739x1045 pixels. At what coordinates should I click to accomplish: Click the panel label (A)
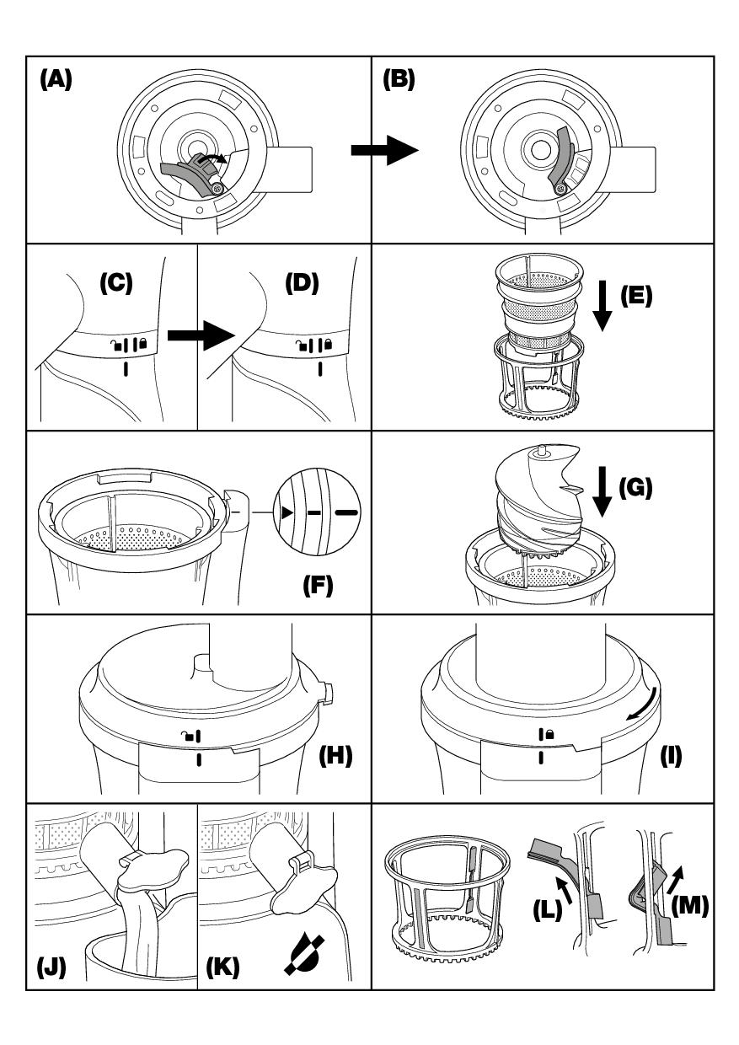pyautogui.click(x=56, y=80)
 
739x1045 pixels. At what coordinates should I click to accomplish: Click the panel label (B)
pyautogui.click(x=399, y=80)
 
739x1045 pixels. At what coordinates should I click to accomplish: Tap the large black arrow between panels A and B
pyautogui.click(x=383, y=152)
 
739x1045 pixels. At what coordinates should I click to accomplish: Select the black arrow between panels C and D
pyautogui.click(x=200, y=336)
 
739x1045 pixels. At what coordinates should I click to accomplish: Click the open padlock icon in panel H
pyautogui.click(x=187, y=736)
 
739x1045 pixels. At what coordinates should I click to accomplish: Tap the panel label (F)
pyautogui.click(x=319, y=587)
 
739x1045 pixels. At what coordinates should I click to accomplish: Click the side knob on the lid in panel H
pyautogui.click(x=329, y=694)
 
